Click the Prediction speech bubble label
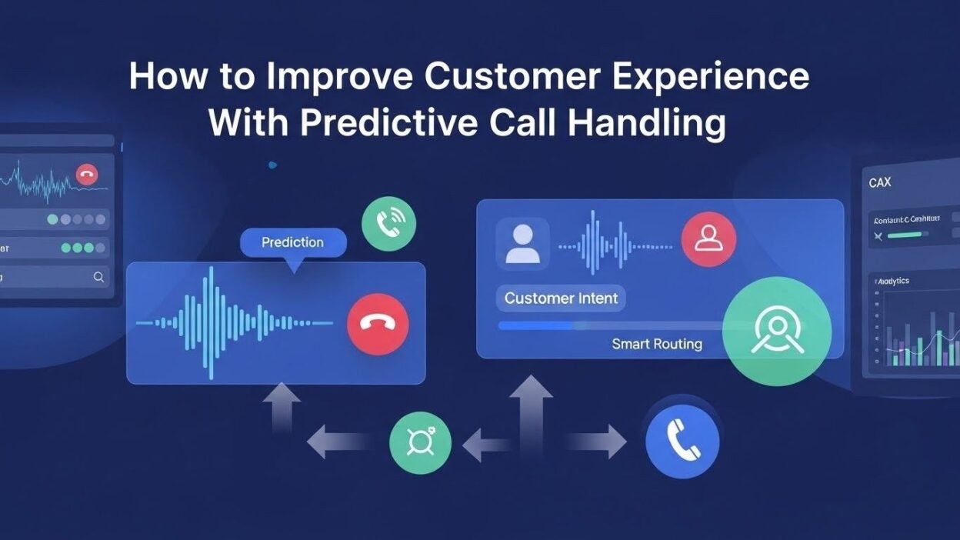tap(292, 242)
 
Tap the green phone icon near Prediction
tap(388, 224)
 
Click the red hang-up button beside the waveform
tap(378, 324)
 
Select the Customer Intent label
tap(561, 298)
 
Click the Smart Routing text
tap(657, 344)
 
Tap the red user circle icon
tap(708, 239)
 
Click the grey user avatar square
tap(522, 244)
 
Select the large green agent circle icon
tap(777, 331)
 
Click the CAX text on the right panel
tap(880, 183)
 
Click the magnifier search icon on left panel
tap(98, 277)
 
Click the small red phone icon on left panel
tap(87, 175)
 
